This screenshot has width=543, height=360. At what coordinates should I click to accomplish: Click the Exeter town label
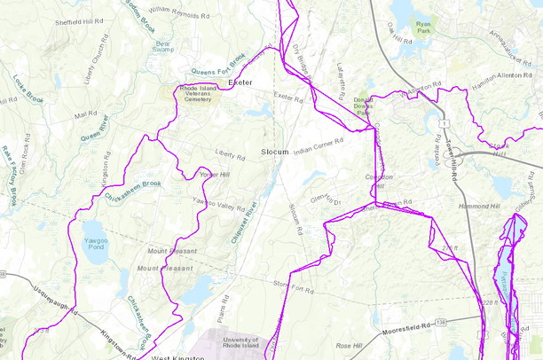coord(240,82)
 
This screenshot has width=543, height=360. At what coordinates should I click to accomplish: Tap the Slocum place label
coord(276,153)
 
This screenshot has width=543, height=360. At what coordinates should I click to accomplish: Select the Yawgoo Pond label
coord(94,244)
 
